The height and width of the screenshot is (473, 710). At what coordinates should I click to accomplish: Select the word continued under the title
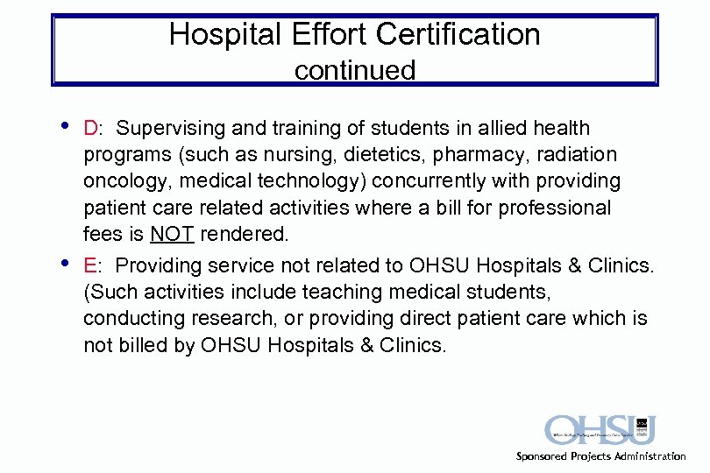click(355, 70)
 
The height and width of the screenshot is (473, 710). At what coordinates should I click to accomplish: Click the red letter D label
click(90, 129)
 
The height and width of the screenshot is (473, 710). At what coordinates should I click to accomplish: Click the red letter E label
click(89, 265)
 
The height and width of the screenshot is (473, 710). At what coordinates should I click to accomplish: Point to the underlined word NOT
click(172, 235)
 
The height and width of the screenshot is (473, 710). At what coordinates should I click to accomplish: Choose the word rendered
click(245, 235)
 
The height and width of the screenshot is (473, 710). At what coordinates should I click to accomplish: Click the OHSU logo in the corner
click(600, 430)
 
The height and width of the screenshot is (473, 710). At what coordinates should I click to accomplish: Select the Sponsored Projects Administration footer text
click(600, 456)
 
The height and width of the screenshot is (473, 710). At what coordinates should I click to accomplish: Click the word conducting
click(129, 319)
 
